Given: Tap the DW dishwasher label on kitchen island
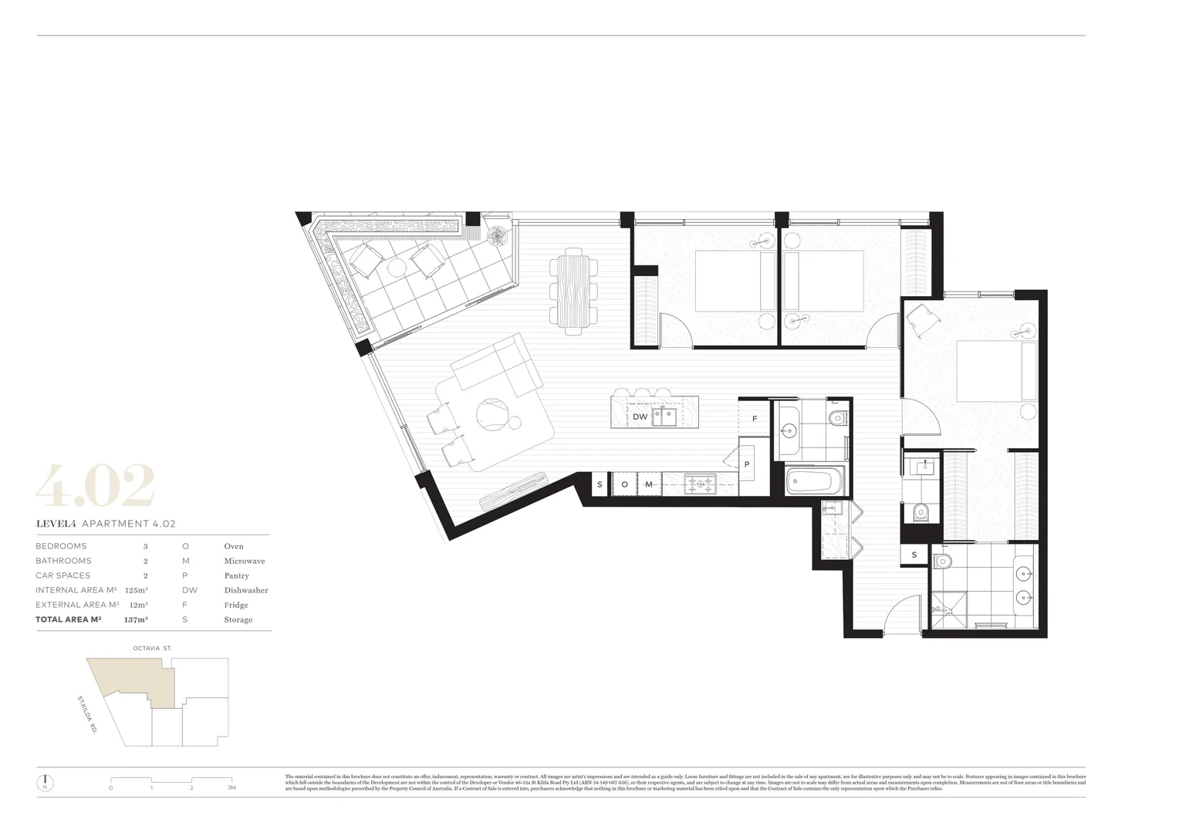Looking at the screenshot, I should (640, 416).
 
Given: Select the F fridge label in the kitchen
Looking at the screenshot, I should (754, 419).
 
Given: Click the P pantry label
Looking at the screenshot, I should (746, 464).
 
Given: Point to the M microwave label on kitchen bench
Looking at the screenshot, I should (648, 484).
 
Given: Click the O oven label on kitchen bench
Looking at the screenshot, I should (624, 484).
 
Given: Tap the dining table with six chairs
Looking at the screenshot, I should (574, 291).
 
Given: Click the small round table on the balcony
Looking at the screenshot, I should (396, 267).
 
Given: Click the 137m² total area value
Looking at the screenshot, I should (136, 619).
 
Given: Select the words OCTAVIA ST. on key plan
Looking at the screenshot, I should (152, 649).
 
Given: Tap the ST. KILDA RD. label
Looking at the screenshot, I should (86, 713).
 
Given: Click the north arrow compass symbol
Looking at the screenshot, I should (46, 782).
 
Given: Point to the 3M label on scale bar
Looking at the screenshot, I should (231, 787).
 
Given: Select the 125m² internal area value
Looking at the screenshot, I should (136, 590).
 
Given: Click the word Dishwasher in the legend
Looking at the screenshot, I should (246, 590).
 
